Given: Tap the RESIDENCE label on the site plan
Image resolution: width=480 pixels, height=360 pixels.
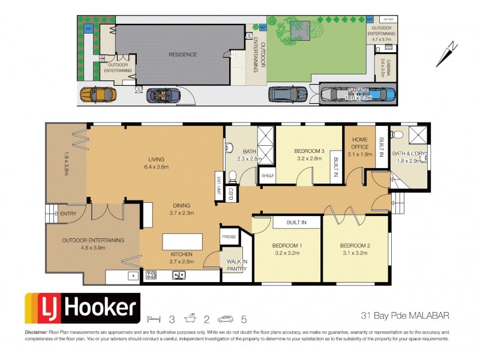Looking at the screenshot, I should coord(182,55).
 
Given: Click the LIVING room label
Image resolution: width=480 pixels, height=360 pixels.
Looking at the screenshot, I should coord(156,160).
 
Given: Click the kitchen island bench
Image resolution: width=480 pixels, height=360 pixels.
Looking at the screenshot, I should coord(182,242).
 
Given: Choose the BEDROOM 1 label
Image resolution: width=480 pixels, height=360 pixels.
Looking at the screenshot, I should coord(287,246).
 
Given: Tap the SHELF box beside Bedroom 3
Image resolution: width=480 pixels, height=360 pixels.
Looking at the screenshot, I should coord(267,175).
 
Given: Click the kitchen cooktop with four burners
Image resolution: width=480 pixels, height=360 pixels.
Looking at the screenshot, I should coord(151,275).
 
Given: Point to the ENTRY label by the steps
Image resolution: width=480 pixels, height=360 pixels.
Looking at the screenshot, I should coord(68,212).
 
